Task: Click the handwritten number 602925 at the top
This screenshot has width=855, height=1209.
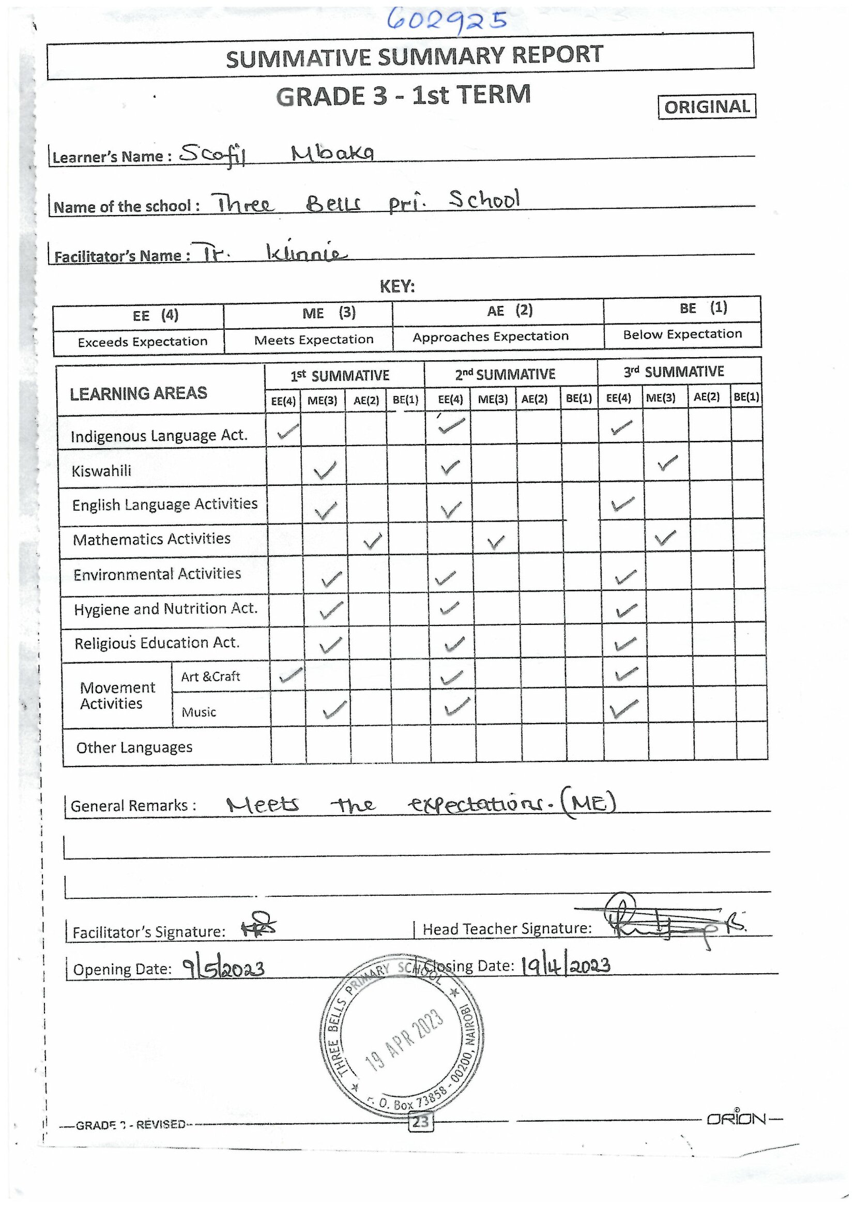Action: pos(447,21)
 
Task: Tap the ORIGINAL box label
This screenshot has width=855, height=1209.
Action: pos(707,107)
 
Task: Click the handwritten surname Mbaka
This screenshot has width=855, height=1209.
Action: pos(333,153)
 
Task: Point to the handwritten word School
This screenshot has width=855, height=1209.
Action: pos(484,200)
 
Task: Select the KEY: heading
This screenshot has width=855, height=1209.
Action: pos(398,286)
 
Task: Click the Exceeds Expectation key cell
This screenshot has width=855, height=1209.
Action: pos(142,342)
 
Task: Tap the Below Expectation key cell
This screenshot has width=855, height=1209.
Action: pos(682,334)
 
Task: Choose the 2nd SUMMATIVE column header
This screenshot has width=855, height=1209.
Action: pos(505,374)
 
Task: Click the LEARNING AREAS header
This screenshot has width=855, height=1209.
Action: pos(139,393)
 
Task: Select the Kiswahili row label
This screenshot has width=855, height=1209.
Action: pos(102,471)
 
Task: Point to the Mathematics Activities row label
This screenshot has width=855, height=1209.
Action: pos(151,539)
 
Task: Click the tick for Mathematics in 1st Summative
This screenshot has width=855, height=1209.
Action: pos(372,541)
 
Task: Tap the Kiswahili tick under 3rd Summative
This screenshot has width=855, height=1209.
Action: pos(667,463)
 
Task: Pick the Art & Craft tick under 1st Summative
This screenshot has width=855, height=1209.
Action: pos(291,675)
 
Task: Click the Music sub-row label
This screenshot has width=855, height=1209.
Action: pos(199,712)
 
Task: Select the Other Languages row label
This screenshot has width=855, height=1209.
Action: pos(134,748)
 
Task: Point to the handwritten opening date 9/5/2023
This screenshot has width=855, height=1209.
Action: pos(223,968)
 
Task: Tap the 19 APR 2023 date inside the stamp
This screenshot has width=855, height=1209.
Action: pos(405,1040)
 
